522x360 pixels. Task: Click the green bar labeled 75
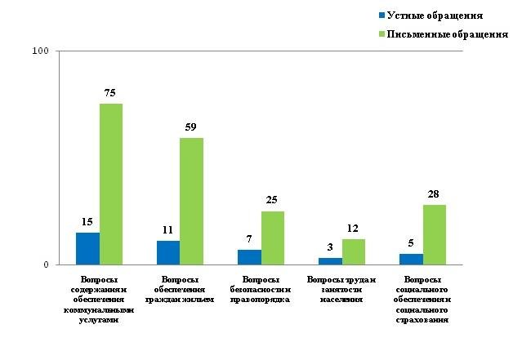click(111, 184)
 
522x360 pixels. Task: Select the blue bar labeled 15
click(87, 248)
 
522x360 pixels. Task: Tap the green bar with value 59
click(191, 202)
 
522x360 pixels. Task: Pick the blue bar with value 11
click(168, 252)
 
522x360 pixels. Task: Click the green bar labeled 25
click(273, 238)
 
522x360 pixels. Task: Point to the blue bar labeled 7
click(249, 257)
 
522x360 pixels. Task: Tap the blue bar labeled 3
click(330, 261)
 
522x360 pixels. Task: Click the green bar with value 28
click(434, 234)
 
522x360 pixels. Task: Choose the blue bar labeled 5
click(411, 259)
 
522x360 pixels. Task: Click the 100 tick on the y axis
click(40, 51)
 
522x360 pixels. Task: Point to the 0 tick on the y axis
click(46, 264)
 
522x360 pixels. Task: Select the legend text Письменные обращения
click(448, 34)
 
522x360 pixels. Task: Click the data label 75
click(111, 92)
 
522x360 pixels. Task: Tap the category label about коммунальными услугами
click(100, 300)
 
